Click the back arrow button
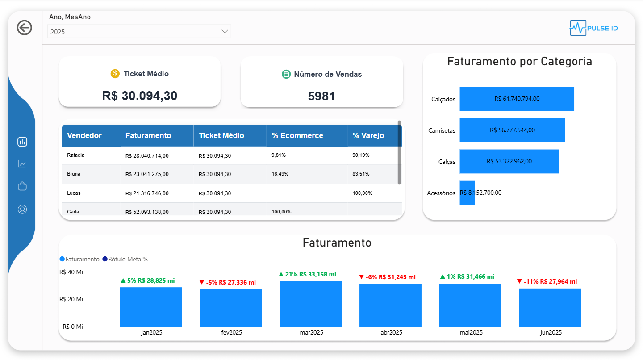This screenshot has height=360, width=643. click(25, 28)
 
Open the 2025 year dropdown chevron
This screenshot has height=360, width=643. click(225, 32)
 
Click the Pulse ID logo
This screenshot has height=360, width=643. click(594, 28)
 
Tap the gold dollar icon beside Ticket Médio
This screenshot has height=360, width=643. click(115, 74)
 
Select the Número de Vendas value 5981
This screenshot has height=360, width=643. click(321, 96)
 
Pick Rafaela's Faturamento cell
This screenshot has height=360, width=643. click(147, 156)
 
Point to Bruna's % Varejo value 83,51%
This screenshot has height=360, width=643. click(361, 174)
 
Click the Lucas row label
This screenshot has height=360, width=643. click(74, 193)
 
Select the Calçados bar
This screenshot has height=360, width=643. click(517, 99)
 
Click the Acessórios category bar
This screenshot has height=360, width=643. click(467, 193)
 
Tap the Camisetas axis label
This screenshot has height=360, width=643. click(442, 130)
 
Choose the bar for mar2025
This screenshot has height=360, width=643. click(310, 304)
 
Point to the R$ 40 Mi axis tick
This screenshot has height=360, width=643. click(71, 272)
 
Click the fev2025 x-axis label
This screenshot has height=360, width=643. click(231, 333)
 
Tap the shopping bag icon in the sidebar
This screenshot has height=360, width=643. click(22, 186)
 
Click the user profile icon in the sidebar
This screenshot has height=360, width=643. click(22, 209)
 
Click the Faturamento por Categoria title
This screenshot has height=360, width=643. click(519, 62)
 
